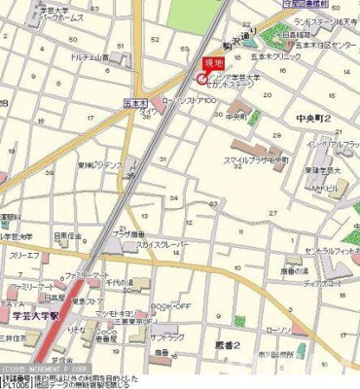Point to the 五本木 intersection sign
click(135, 99)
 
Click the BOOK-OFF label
click(159, 305)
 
